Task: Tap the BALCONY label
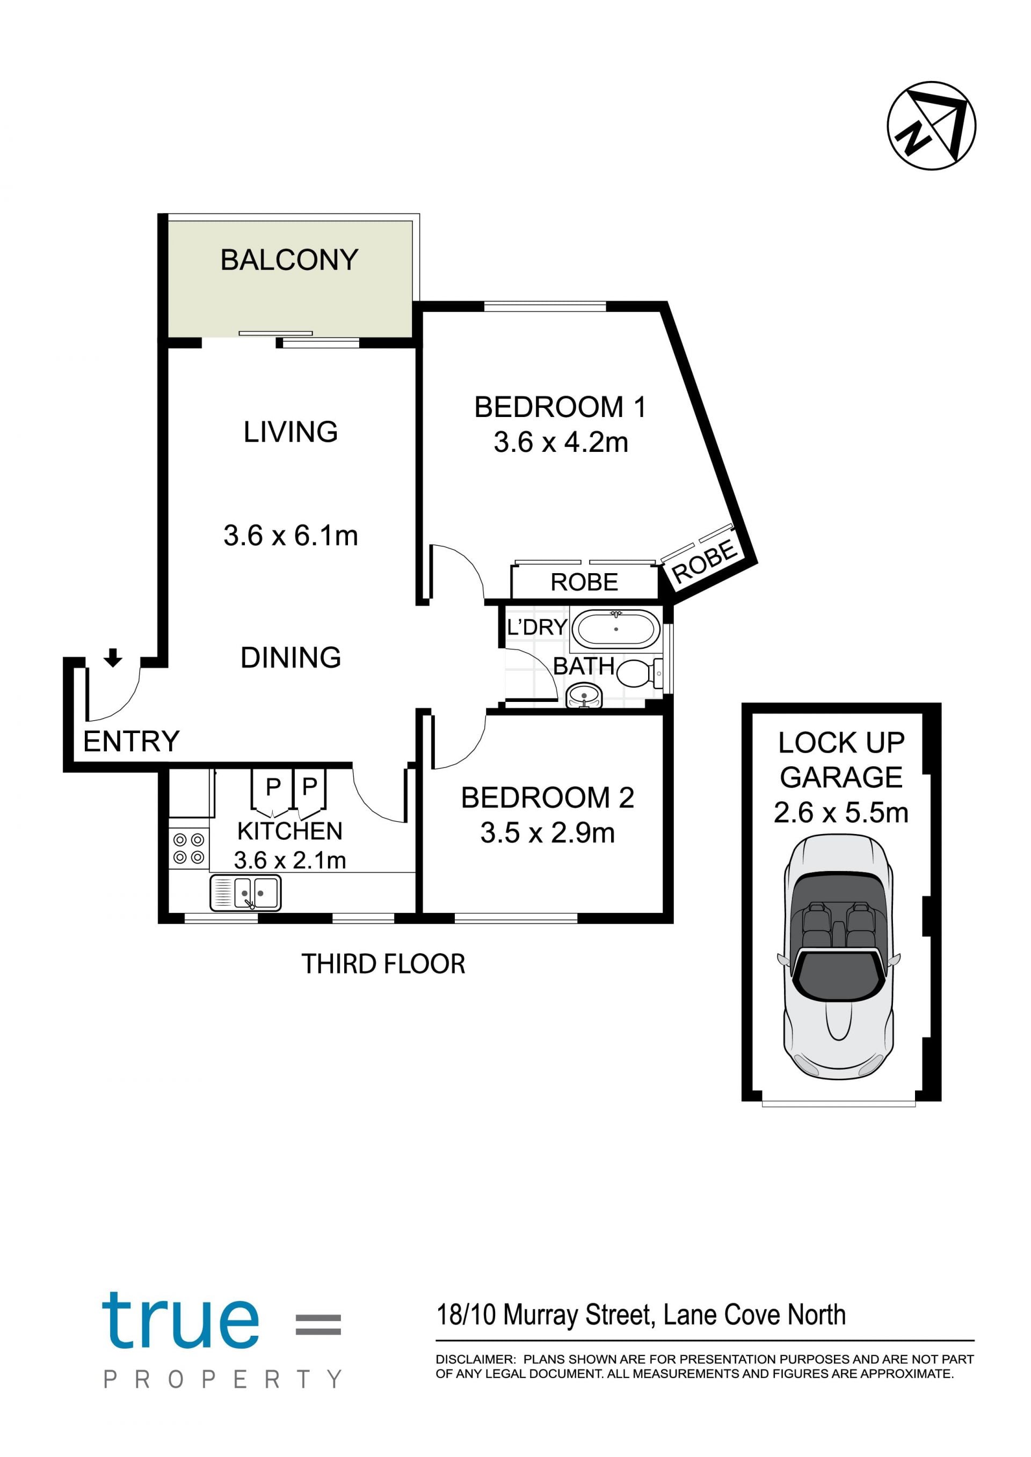coord(289,260)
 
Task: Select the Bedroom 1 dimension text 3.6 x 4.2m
coord(561,442)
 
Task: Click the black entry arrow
coord(113,657)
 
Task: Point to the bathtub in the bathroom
coord(616,628)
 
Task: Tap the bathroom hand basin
coord(584,695)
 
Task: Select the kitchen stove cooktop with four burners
coord(188,849)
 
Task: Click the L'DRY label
coord(536,627)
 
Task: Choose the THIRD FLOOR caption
coord(383,964)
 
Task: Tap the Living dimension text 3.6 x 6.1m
coord(291,536)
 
